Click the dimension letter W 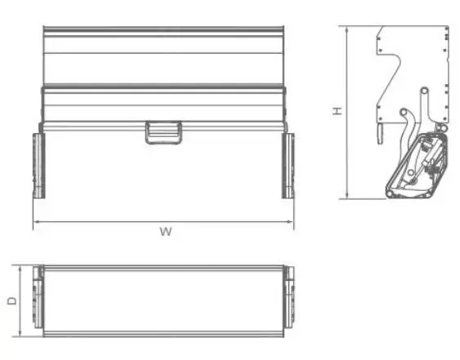(x=165, y=232)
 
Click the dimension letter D (x=11, y=300)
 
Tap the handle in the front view (x=163, y=132)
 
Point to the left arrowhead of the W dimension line (x=35, y=221)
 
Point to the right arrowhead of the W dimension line (x=292, y=221)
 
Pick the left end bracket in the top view (x=38, y=300)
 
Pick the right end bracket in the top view (x=288, y=300)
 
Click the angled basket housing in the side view (x=417, y=167)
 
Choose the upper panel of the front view (x=163, y=57)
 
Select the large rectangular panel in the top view (x=163, y=300)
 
